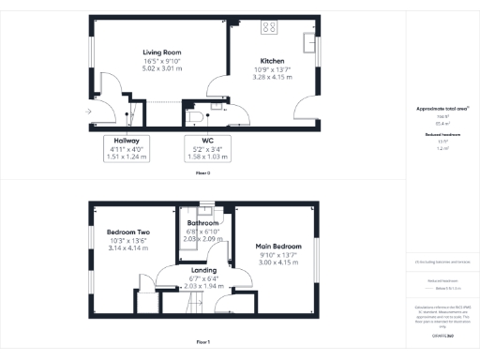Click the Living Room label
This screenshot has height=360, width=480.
tap(161, 52)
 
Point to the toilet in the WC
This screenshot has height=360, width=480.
tap(194, 116)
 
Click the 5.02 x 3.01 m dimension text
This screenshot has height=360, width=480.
tap(161, 67)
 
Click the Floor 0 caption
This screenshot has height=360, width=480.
tap(202, 174)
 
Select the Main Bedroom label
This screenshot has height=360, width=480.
tap(277, 247)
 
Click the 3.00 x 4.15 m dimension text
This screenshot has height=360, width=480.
tap(277, 263)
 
